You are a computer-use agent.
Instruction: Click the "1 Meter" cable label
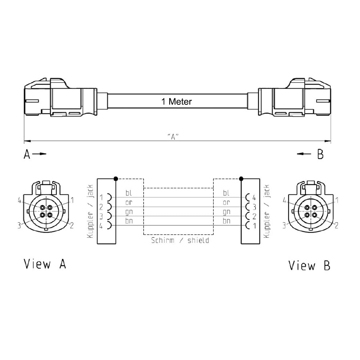(176, 102)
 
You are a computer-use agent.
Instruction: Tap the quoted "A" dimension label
(173, 136)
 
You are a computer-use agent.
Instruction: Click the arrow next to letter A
(39, 154)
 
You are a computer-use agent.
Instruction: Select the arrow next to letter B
(304, 154)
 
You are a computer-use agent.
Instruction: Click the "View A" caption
(45, 264)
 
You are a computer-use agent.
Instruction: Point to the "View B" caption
(309, 265)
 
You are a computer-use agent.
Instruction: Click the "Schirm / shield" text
(180, 240)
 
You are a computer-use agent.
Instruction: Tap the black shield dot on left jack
(116, 179)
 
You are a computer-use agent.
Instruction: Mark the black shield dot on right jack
(241, 179)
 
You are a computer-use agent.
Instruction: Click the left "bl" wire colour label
(129, 193)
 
